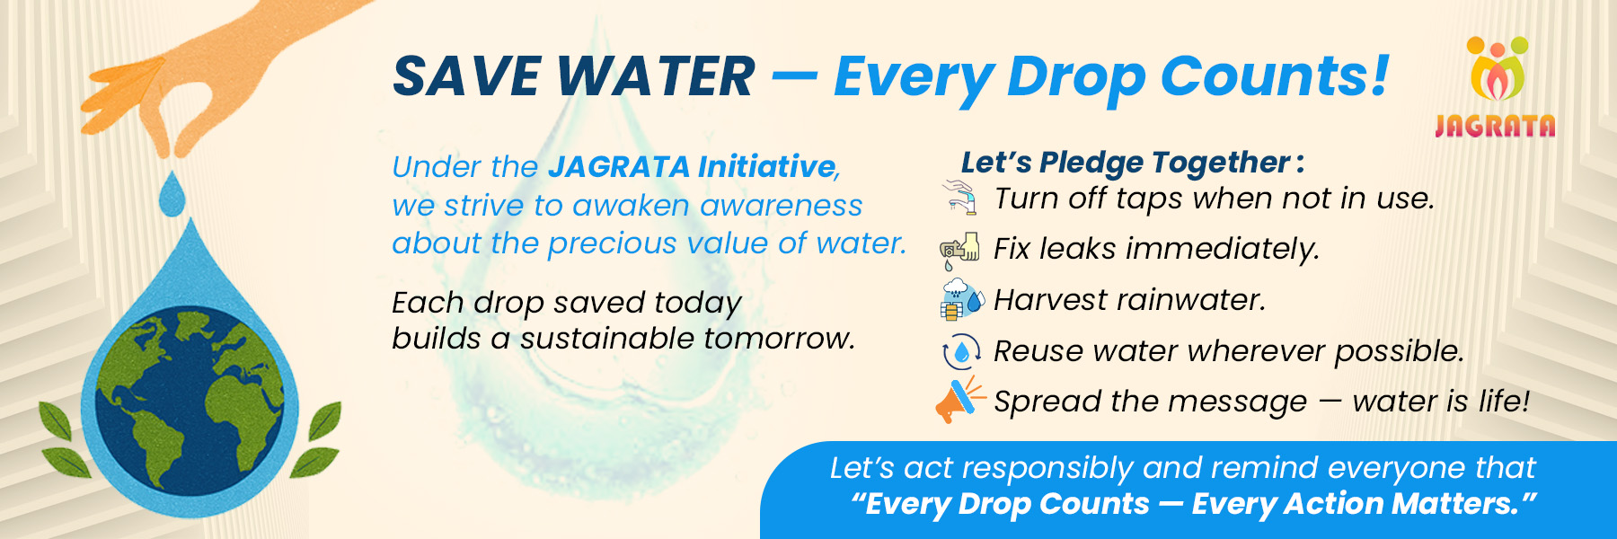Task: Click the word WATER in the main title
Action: point(656,75)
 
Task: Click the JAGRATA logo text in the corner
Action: point(1495,126)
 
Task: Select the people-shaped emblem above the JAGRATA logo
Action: point(1498,68)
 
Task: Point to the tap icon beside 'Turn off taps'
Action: point(960,197)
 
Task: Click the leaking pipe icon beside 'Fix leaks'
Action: point(959,250)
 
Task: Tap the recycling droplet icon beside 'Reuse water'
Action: point(961,351)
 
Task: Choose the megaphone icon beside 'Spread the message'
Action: point(959,401)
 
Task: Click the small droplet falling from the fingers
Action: point(172,194)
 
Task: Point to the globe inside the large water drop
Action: point(190,401)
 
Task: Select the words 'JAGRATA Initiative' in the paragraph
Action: point(692,166)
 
